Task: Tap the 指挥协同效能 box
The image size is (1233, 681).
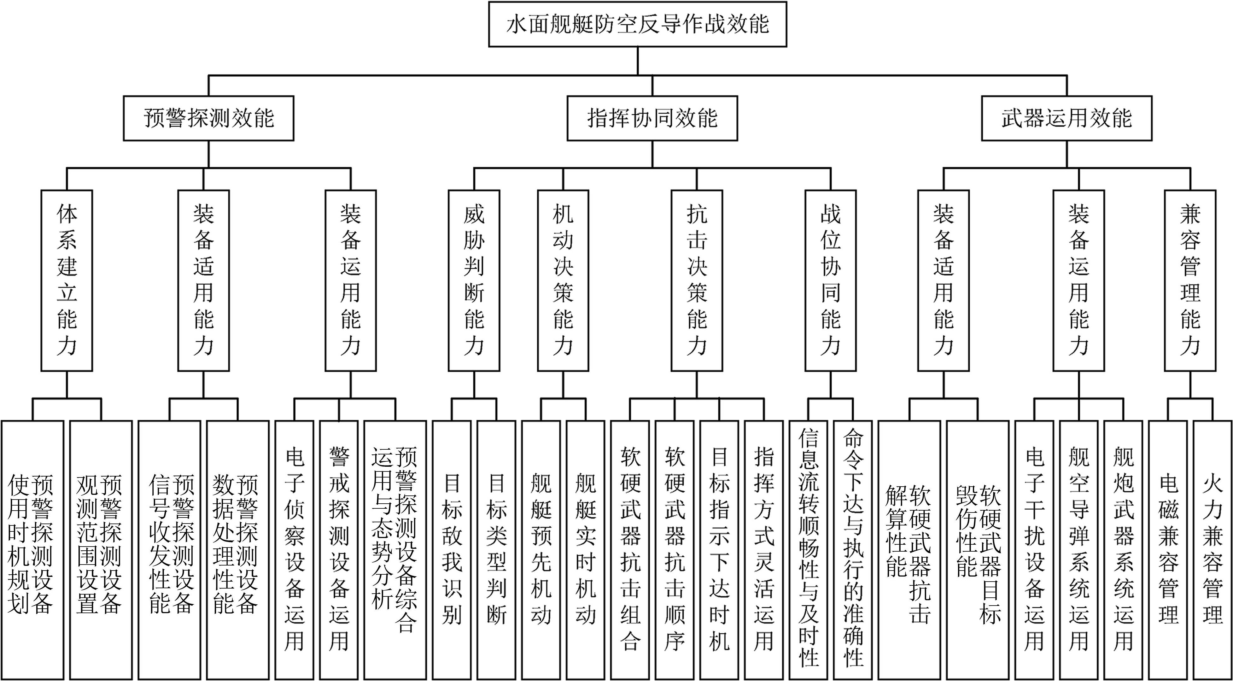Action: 652,118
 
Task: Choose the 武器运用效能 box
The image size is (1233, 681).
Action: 1066,118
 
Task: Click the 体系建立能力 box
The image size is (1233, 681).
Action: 67,280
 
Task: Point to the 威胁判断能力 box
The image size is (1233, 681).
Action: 474,280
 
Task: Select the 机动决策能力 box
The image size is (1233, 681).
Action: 563,280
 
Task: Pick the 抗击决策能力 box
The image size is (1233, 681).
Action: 696,280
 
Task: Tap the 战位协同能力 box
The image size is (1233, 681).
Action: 830,280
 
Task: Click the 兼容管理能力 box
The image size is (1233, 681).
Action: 1190,280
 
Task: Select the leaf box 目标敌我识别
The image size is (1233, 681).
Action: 451,550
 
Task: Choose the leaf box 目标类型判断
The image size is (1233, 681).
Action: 496,550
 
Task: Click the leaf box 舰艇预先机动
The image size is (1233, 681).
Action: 541,550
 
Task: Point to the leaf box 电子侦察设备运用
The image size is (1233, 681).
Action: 294,550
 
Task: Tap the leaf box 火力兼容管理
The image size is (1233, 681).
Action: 1213,550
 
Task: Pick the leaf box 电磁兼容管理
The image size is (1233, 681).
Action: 1168,550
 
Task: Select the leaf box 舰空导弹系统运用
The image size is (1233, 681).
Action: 1078,550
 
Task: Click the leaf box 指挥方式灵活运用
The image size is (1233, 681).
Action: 763,550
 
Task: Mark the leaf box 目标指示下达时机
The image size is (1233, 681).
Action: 719,550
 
